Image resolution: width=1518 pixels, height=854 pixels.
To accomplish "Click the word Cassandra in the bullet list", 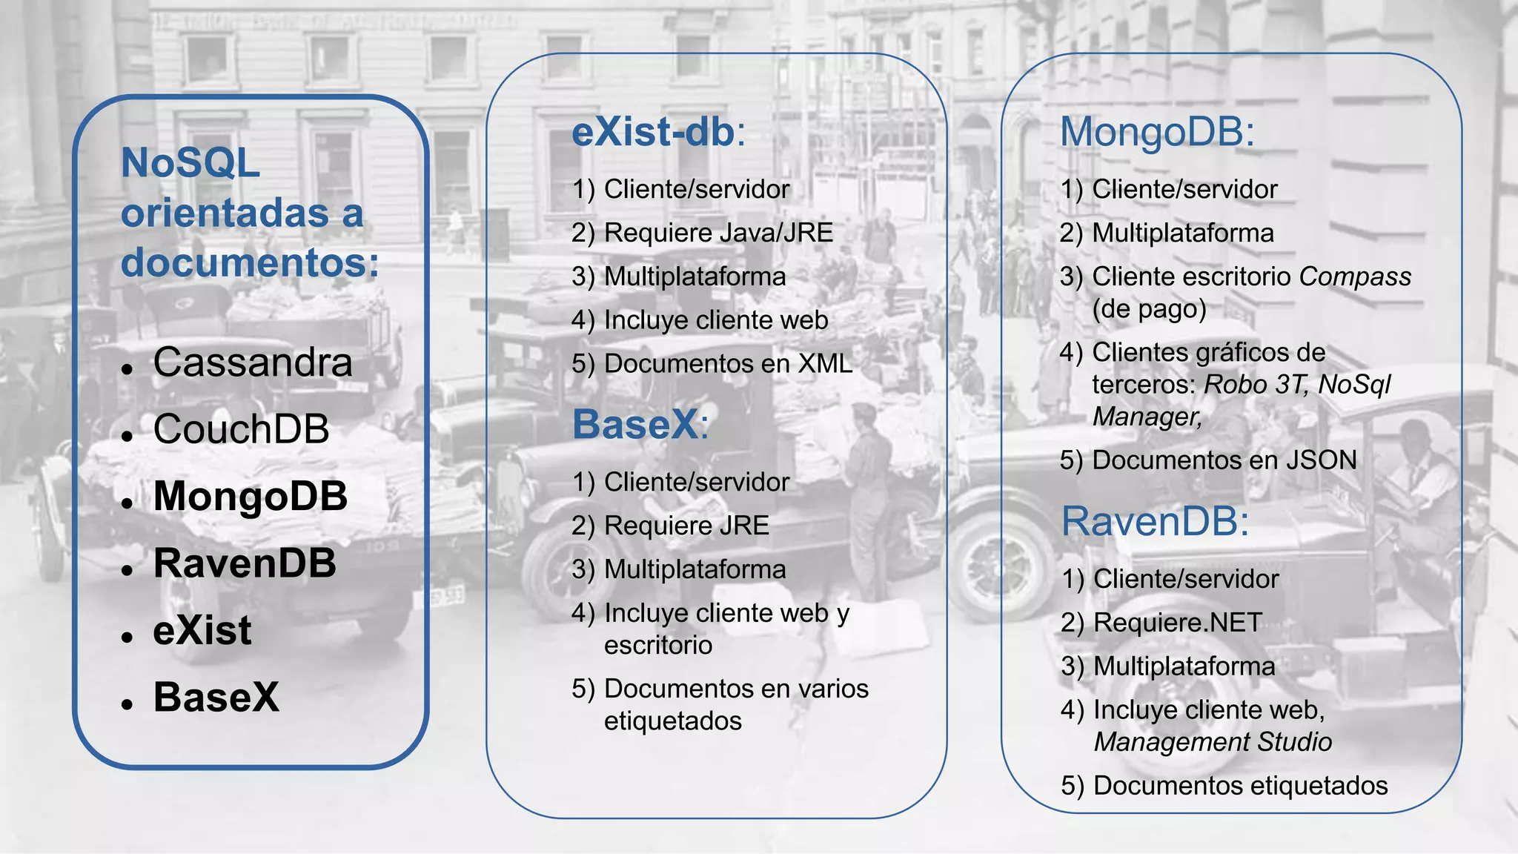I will (x=253, y=363).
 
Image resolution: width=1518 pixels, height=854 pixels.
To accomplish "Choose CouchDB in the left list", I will (x=241, y=429).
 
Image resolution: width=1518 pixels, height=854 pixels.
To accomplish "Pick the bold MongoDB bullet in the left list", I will (x=250, y=496).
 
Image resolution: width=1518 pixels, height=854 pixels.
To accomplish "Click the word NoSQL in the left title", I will (x=190, y=162).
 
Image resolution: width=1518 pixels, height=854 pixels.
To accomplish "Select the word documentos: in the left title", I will (x=250, y=262).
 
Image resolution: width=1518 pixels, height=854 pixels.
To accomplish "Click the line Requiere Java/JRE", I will (x=718, y=233).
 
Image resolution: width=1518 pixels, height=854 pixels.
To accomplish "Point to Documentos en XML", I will (x=728, y=364).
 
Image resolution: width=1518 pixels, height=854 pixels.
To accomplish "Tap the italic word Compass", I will (x=1355, y=277).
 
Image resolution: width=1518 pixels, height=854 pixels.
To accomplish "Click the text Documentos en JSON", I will (x=1224, y=460).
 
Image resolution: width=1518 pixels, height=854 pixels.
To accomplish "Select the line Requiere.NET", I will (x=1177, y=623).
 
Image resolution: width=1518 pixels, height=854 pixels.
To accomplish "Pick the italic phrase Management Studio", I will (x=1213, y=742).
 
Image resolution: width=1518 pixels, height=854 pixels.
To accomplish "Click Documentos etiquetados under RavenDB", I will (x=1240, y=786).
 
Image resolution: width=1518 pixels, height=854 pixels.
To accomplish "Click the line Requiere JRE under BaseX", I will (x=686, y=526).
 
